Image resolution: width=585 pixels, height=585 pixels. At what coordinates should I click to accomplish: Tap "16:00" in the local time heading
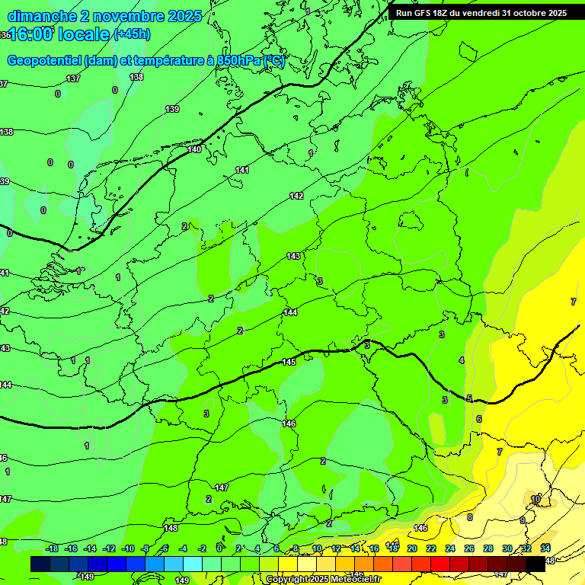coord(31,34)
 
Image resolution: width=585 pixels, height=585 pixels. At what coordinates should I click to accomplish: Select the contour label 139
coord(173,109)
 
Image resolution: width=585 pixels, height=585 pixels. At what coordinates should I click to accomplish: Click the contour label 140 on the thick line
coord(195,149)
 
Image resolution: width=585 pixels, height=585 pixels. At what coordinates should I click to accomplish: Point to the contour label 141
coord(242,170)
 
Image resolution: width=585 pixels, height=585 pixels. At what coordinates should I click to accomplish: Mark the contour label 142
coord(296,196)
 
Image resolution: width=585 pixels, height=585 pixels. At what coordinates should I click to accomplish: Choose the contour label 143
coord(293,256)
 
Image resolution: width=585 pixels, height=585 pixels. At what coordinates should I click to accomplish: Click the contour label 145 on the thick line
coord(289,362)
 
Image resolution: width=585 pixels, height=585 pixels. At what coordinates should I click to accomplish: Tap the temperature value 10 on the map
coord(536,499)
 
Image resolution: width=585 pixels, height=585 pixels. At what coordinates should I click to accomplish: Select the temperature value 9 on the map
coord(523,520)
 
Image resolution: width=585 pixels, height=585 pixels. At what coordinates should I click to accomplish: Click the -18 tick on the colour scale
coord(52,548)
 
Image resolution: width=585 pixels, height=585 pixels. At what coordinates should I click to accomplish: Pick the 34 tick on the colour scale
coord(545,548)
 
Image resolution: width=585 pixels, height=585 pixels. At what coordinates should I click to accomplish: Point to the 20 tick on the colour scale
coord(411,548)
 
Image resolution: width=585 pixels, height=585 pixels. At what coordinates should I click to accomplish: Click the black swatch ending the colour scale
coord(535,564)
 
